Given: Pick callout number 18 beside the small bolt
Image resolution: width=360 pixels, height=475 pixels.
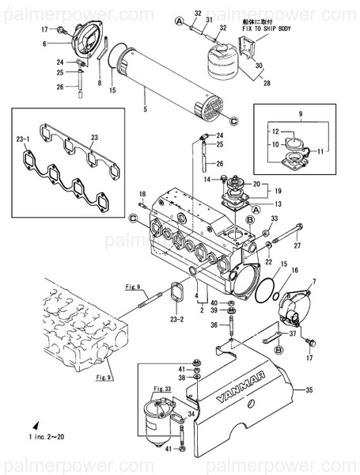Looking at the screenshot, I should (142, 194).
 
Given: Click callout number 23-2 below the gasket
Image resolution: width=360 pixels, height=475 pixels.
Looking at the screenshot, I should (176, 319).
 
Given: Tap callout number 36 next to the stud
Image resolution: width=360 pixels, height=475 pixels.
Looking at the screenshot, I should (214, 325).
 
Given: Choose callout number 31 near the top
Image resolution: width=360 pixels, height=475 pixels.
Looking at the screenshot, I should (210, 19).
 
